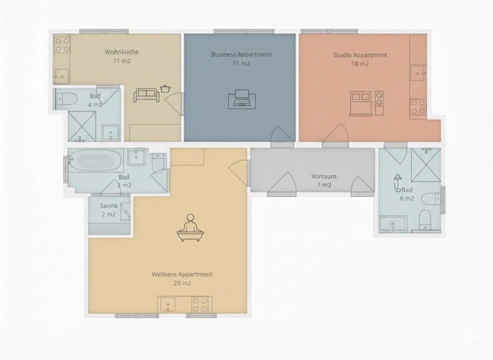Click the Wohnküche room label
coord(121,52)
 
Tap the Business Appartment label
coord(241,55)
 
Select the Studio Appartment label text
coord(360,55)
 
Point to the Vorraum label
coord(324,176)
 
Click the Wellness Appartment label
coord(182,274)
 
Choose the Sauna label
coord(108,206)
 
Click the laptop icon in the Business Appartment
coord(242,99)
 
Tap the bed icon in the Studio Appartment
coord(360,102)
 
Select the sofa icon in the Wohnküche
coord(146,95)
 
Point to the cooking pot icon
coord(165,88)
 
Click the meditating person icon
coord(190,229)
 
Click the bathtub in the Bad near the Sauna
coord(96,160)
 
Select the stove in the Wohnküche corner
coord(62,45)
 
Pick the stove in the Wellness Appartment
coord(199,305)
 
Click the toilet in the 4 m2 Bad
coord(67,99)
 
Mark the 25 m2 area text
coord(182,283)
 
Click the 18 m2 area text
coord(360,64)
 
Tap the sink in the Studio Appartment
coord(418,73)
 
